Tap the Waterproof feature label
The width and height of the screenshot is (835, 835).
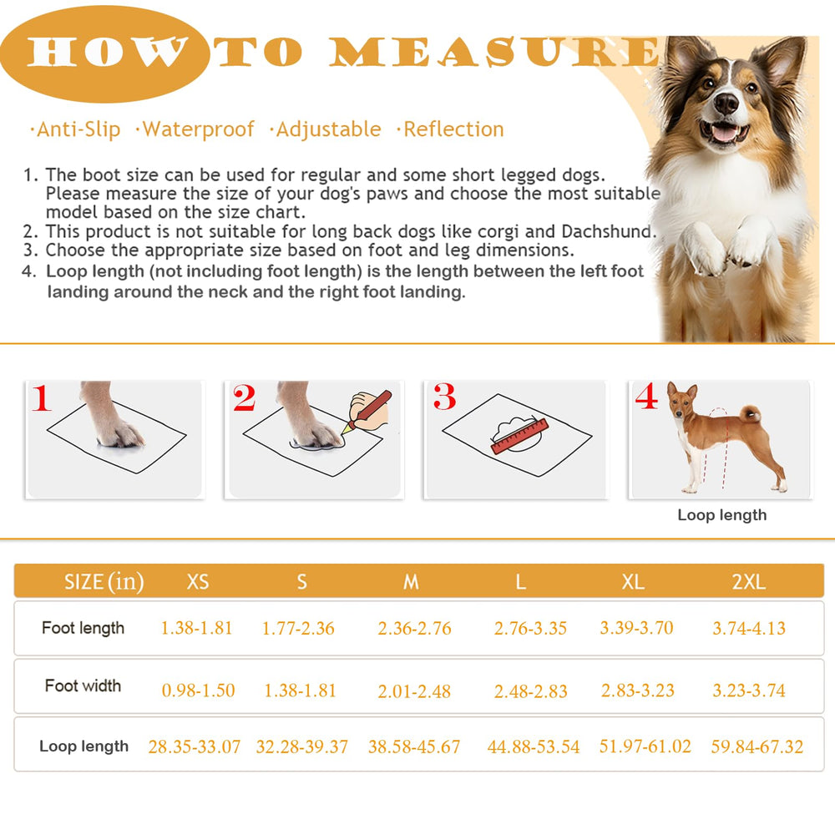[198, 129]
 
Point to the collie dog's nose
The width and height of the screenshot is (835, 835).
[726, 104]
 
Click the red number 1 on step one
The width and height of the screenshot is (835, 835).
[42, 398]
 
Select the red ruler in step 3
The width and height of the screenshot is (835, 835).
[518, 436]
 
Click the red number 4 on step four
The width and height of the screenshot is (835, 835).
[646, 397]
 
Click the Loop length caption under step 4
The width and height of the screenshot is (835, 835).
[721, 515]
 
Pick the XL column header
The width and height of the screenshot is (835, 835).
[633, 582]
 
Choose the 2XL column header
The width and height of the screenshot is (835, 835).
[748, 582]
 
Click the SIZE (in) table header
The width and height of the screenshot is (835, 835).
[104, 582]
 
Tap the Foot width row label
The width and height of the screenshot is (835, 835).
[83, 686]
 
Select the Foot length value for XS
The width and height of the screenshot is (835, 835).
[196, 628]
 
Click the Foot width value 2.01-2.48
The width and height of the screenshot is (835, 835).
[414, 691]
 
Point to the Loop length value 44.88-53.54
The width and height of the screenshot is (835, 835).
[533, 746]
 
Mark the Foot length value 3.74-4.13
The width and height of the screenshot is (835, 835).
[748, 628]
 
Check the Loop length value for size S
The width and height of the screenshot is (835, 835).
[301, 746]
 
